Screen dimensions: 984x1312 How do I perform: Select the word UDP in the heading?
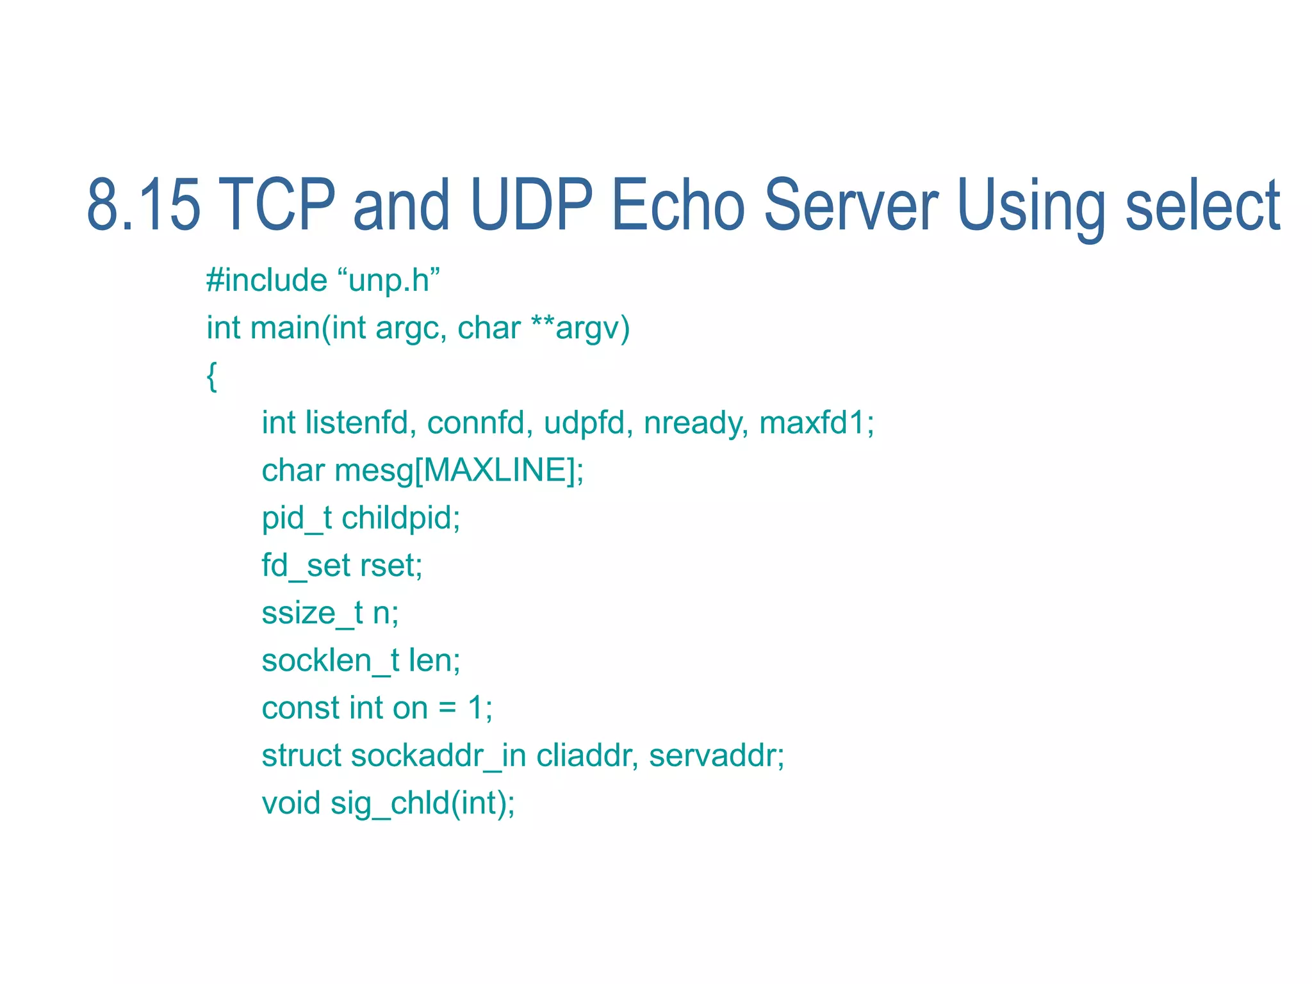[x=531, y=205]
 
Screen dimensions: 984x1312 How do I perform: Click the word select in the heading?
[x=1202, y=205]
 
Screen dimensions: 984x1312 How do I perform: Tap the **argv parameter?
[x=580, y=328]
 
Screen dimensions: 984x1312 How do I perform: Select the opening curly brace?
[x=212, y=376]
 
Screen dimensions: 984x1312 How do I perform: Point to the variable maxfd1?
[x=816, y=423]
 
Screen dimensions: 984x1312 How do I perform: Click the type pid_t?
[x=297, y=518]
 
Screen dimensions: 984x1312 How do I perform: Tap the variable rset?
[x=390, y=565]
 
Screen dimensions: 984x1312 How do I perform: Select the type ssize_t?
[x=312, y=612]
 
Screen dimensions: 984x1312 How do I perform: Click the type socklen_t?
[x=331, y=660]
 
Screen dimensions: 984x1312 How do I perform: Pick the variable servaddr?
[x=716, y=755]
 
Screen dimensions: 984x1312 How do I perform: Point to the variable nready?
[x=695, y=423]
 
